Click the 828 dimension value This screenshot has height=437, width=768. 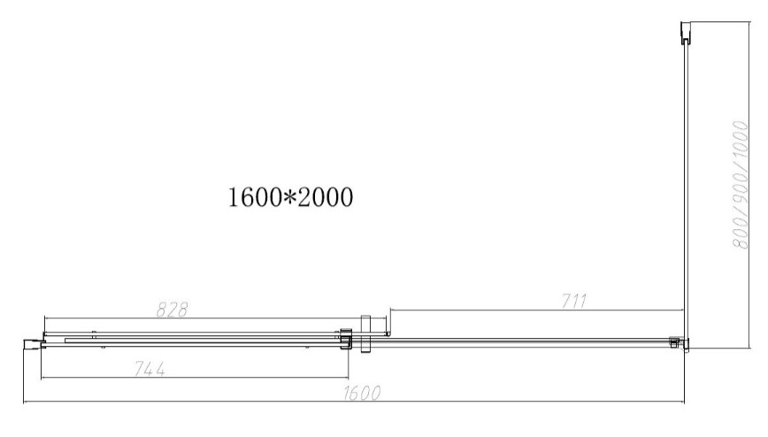[x=172, y=310]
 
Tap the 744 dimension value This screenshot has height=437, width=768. [x=150, y=369]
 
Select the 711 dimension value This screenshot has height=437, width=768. [x=573, y=301]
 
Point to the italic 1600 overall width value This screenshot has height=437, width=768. [x=362, y=393]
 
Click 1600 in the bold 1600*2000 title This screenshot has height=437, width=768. [x=255, y=197]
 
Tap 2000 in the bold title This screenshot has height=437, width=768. [x=326, y=197]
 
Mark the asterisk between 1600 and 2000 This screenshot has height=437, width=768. [x=290, y=197]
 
